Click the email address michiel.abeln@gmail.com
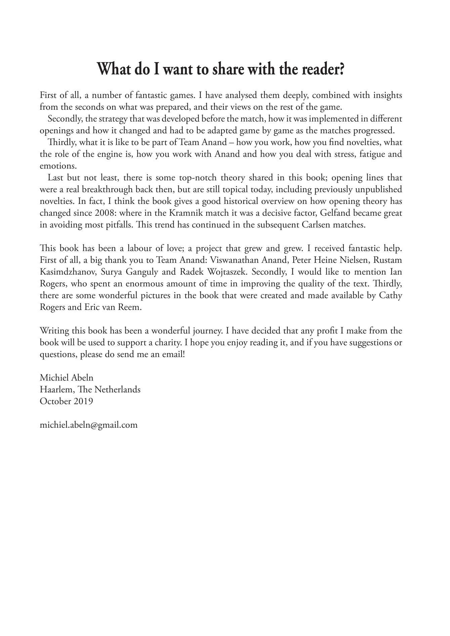pyautogui.click(x=89, y=425)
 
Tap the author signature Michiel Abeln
pyautogui.click(x=67, y=378)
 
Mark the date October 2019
pyautogui.click(x=67, y=401)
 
